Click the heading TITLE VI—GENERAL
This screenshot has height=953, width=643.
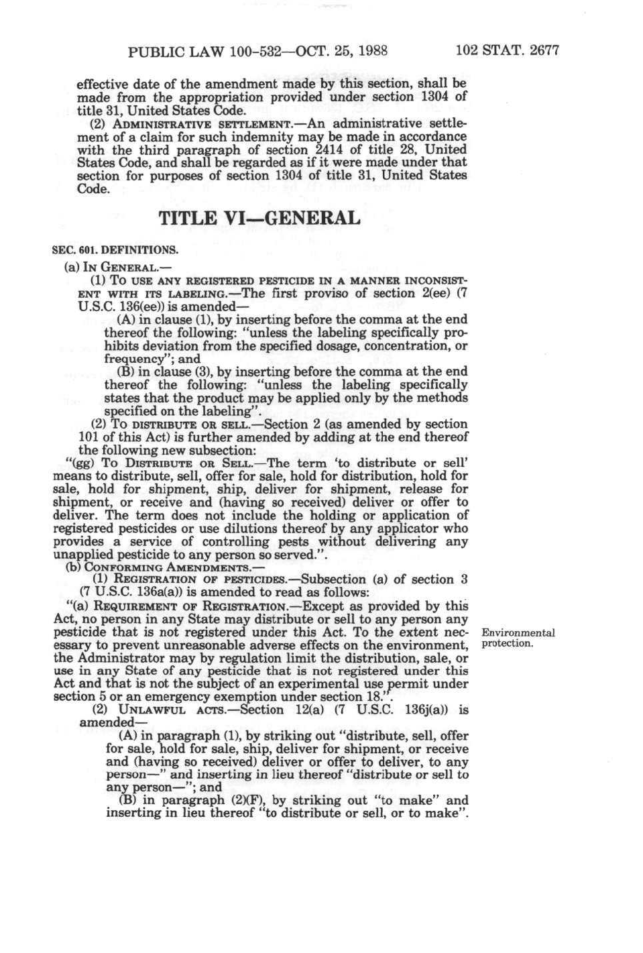[x=259, y=219]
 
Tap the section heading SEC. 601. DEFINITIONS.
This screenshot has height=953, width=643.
[x=115, y=250]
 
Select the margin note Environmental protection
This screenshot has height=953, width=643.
[x=518, y=638]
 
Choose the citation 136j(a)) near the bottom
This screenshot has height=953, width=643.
[x=413, y=710]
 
